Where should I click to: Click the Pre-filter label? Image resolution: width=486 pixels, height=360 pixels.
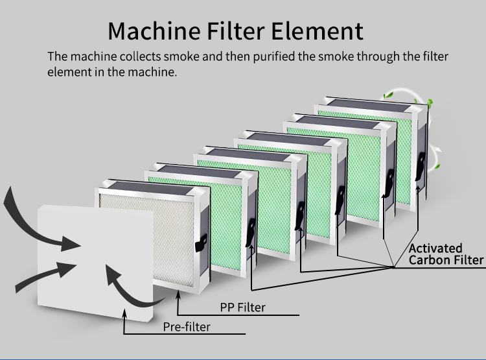187,326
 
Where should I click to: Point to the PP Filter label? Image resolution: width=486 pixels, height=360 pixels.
243,306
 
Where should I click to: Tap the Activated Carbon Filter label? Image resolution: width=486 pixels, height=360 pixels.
446,254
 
